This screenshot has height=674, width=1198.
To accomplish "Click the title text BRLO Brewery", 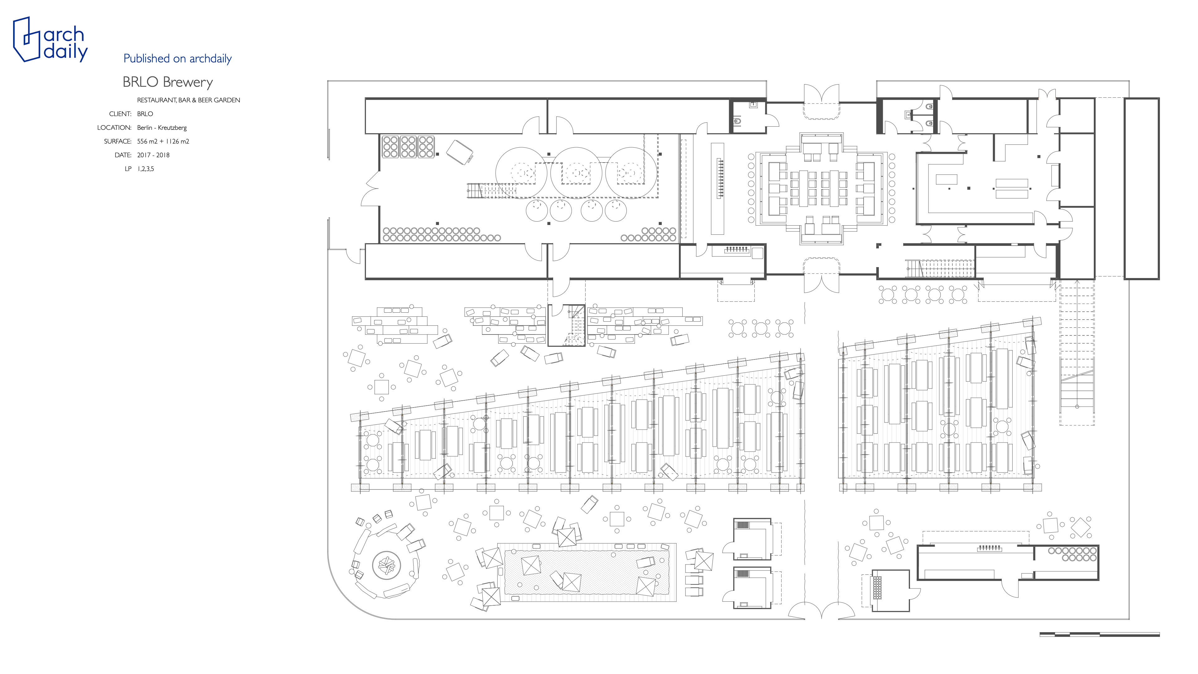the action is [168, 82].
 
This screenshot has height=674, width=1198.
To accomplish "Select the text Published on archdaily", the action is [178, 59].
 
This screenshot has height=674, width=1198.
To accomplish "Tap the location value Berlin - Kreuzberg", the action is [162, 127].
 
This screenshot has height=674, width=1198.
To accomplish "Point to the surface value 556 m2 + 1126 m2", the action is [163, 141].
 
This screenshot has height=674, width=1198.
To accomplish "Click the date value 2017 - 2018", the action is [153, 155].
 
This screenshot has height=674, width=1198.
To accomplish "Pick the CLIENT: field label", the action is [120, 114].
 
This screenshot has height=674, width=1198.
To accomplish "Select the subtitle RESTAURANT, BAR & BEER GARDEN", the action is [188, 100].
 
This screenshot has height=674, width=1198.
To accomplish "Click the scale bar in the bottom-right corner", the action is [1099, 634].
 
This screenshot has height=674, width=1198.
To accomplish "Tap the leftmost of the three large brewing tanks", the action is [521, 173].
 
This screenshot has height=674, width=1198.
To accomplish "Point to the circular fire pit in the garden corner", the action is [387, 565].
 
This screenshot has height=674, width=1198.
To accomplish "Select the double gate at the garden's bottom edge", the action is [821, 610].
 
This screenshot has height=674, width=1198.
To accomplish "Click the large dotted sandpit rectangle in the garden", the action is [587, 572].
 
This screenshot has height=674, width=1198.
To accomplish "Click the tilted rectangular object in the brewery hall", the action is [460, 152].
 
